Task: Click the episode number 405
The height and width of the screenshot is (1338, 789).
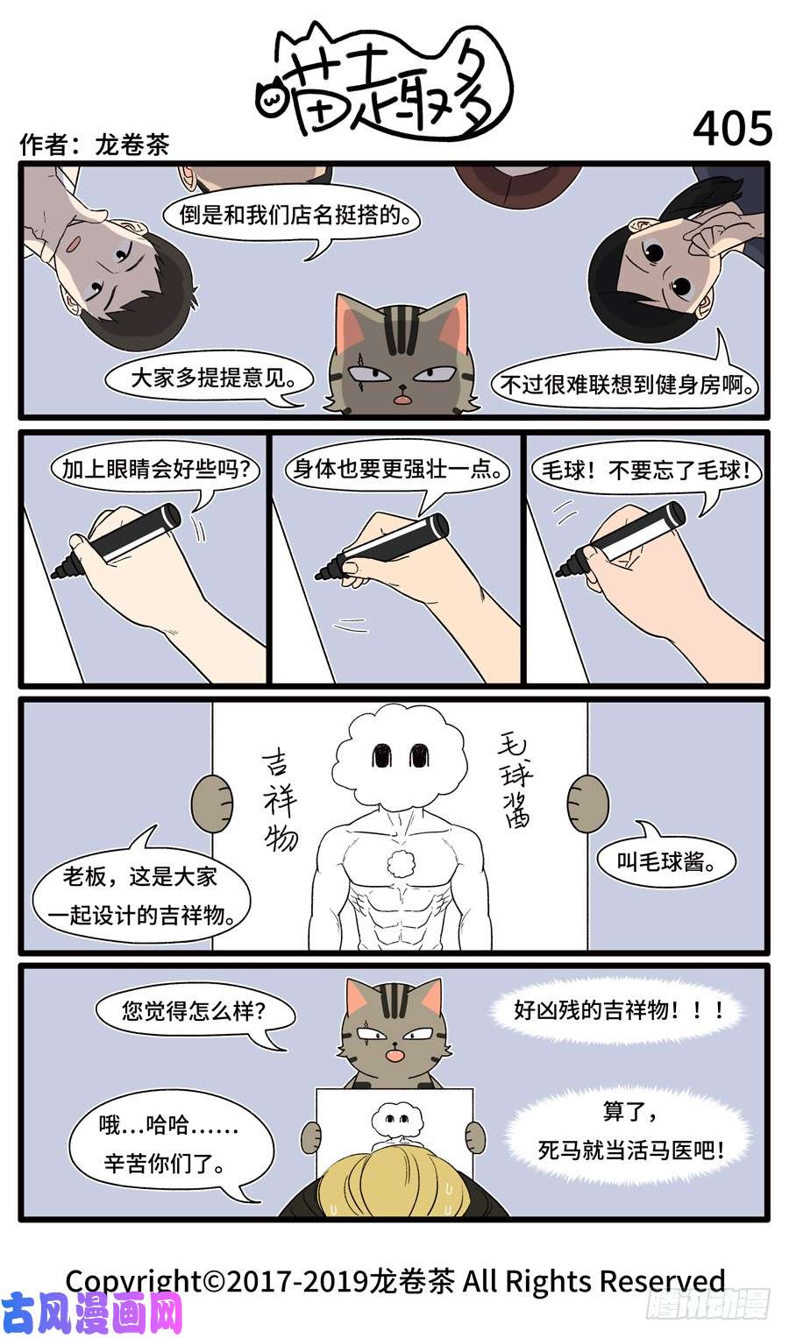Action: [x=732, y=129]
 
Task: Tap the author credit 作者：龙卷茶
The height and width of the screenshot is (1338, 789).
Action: [x=94, y=144]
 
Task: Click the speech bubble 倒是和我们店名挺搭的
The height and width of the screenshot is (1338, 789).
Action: [x=292, y=216]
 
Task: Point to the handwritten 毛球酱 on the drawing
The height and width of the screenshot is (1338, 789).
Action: [x=516, y=780]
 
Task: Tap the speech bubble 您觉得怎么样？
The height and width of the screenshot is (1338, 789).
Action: [x=194, y=1011]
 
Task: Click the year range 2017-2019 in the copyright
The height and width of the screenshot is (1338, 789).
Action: [x=298, y=1281]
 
